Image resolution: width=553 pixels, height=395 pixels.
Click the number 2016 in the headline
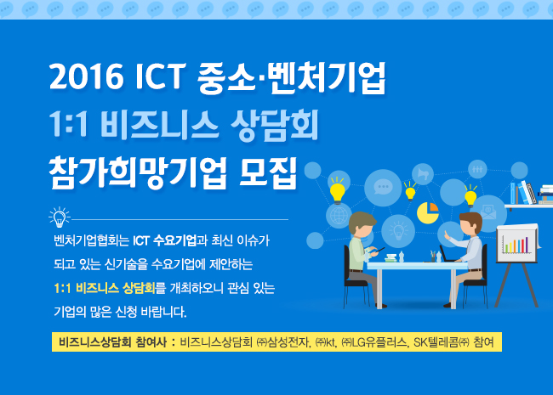[x=87, y=76]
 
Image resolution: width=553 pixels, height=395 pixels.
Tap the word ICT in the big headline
[x=161, y=76]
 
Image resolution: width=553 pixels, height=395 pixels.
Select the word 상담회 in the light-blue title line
[x=275, y=126]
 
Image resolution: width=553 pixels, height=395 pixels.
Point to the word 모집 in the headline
[x=268, y=173]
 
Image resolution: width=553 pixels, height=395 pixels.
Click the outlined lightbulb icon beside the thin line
[x=60, y=217]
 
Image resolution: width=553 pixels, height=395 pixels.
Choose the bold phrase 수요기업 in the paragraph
[x=175, y=240]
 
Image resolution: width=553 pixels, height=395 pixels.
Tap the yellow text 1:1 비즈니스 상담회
[x=105, y=288]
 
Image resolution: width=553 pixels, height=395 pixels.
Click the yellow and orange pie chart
[x=428, y=213]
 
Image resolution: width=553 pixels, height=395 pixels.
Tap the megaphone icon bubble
[x=423, y=174]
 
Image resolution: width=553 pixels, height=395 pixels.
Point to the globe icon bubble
[x=339, y=215]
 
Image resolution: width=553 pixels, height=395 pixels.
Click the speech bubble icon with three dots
[x=383, y=188]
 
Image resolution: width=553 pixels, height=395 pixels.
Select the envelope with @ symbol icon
[x=489, y=212]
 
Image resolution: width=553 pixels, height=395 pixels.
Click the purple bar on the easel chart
[x=526, y=245]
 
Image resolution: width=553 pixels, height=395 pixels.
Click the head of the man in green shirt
[x=362, y=224]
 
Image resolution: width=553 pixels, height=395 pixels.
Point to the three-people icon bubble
[x=477, y=169]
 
